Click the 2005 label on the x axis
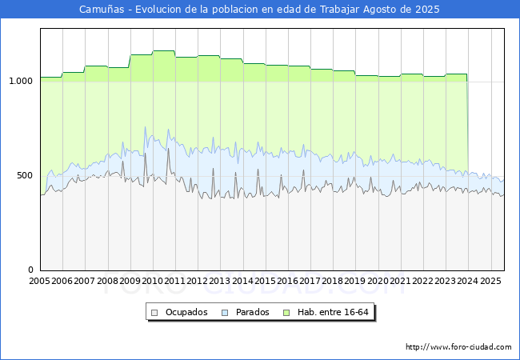point(39,281)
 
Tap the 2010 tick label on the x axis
point(152,281)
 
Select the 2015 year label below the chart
point(265,281)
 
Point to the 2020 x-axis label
point(378,281)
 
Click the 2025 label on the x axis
point(490,281)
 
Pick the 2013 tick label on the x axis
point(220,281)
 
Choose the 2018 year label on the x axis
point(333,281)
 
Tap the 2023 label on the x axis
point(446,281)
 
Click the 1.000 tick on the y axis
point(21,82)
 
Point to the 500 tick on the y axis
point(25,175)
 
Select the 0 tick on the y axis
point(30,270)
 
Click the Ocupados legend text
point(186,312)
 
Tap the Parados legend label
point(252,312)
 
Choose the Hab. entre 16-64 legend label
point(333,312)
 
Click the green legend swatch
point(286,313)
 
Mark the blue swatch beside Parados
point(225,313)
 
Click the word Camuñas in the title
point(102,10)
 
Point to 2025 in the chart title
point(427,10)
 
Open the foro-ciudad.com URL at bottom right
point(458,347)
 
